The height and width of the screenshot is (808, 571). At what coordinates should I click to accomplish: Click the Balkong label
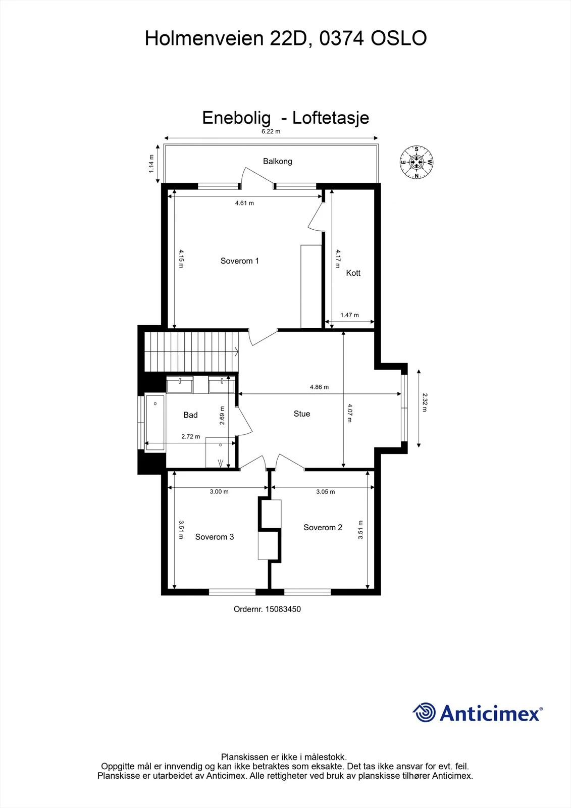coord(277,161)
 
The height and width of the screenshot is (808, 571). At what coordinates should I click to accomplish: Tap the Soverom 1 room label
coord(239,261)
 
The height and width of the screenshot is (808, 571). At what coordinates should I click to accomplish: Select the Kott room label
coord(353,273)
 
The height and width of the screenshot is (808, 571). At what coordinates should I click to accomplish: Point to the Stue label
coord(302,414)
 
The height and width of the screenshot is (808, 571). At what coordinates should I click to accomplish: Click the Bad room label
coord(190,415)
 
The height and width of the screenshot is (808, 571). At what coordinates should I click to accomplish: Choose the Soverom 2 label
coord(323,527)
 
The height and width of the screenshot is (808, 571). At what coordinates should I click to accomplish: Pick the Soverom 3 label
coord(215,537)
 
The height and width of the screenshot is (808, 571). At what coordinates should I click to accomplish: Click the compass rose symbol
coord(416,162)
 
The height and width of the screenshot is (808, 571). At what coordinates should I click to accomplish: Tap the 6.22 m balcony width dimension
coord(271,131)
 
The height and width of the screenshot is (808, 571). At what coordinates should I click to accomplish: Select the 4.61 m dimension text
coord(244,203)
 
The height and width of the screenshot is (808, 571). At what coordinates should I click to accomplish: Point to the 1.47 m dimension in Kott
coord(349,315)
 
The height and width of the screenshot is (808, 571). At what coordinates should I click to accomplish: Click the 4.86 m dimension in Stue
coord(319,387)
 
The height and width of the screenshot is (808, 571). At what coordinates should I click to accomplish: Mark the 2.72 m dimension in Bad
coord(190,436)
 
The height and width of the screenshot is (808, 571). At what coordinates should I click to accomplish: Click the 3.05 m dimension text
coord(325,492)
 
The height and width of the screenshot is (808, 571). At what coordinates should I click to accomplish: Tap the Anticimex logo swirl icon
coord(424,713)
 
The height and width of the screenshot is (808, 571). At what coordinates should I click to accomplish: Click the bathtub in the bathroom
coord(155,423)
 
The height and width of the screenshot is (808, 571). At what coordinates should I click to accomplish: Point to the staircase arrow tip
coord(238,351)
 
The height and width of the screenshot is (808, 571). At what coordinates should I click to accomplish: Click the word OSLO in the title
coord(399,38)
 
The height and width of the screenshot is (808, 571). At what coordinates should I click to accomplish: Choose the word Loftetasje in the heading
coord(330,118)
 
